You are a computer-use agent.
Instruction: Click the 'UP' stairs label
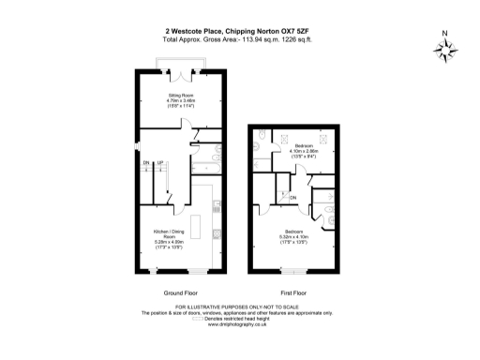point(159,163)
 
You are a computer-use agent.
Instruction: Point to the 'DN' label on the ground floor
point(146,163)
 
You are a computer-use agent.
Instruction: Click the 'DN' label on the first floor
point(293,198)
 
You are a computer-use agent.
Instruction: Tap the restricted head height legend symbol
point(197,318)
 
